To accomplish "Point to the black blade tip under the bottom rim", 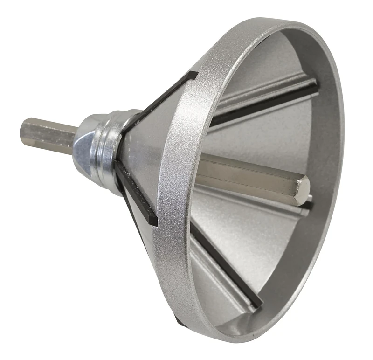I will [180, 321].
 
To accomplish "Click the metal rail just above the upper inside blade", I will [261, 91].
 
